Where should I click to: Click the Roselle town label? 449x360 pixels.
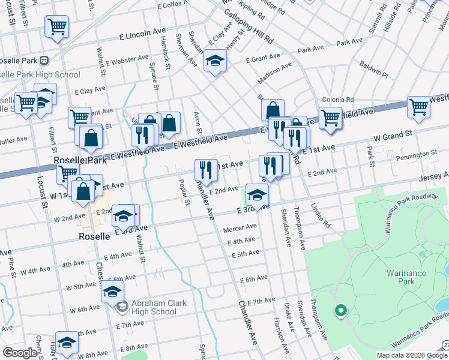pyautogui.click(x=95, y=236)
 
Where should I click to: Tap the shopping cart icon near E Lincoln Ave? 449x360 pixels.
pyautogui.click(x=57, y=26)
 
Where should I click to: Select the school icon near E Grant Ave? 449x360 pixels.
pyautogui.click(x=214, y=61)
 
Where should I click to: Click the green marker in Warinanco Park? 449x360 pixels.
pyautogui.click(x=340, y=311)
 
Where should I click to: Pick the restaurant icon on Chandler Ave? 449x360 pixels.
pyautogui.click(x=206, y=170)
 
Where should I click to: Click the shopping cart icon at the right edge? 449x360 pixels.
pyautogui.click(x=418, y=107)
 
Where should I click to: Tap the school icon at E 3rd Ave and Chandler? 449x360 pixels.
pyautogui.click(x=257, y=194)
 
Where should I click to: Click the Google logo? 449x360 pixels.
pyautogui.click(x=20, y=352)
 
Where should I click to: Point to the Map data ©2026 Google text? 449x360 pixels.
pyautogui.click(x=411, y=355)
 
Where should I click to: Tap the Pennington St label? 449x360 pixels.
pyautogui.click(x=417, y=154)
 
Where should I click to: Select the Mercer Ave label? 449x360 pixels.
pyautogui.click(x=240, y=228)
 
